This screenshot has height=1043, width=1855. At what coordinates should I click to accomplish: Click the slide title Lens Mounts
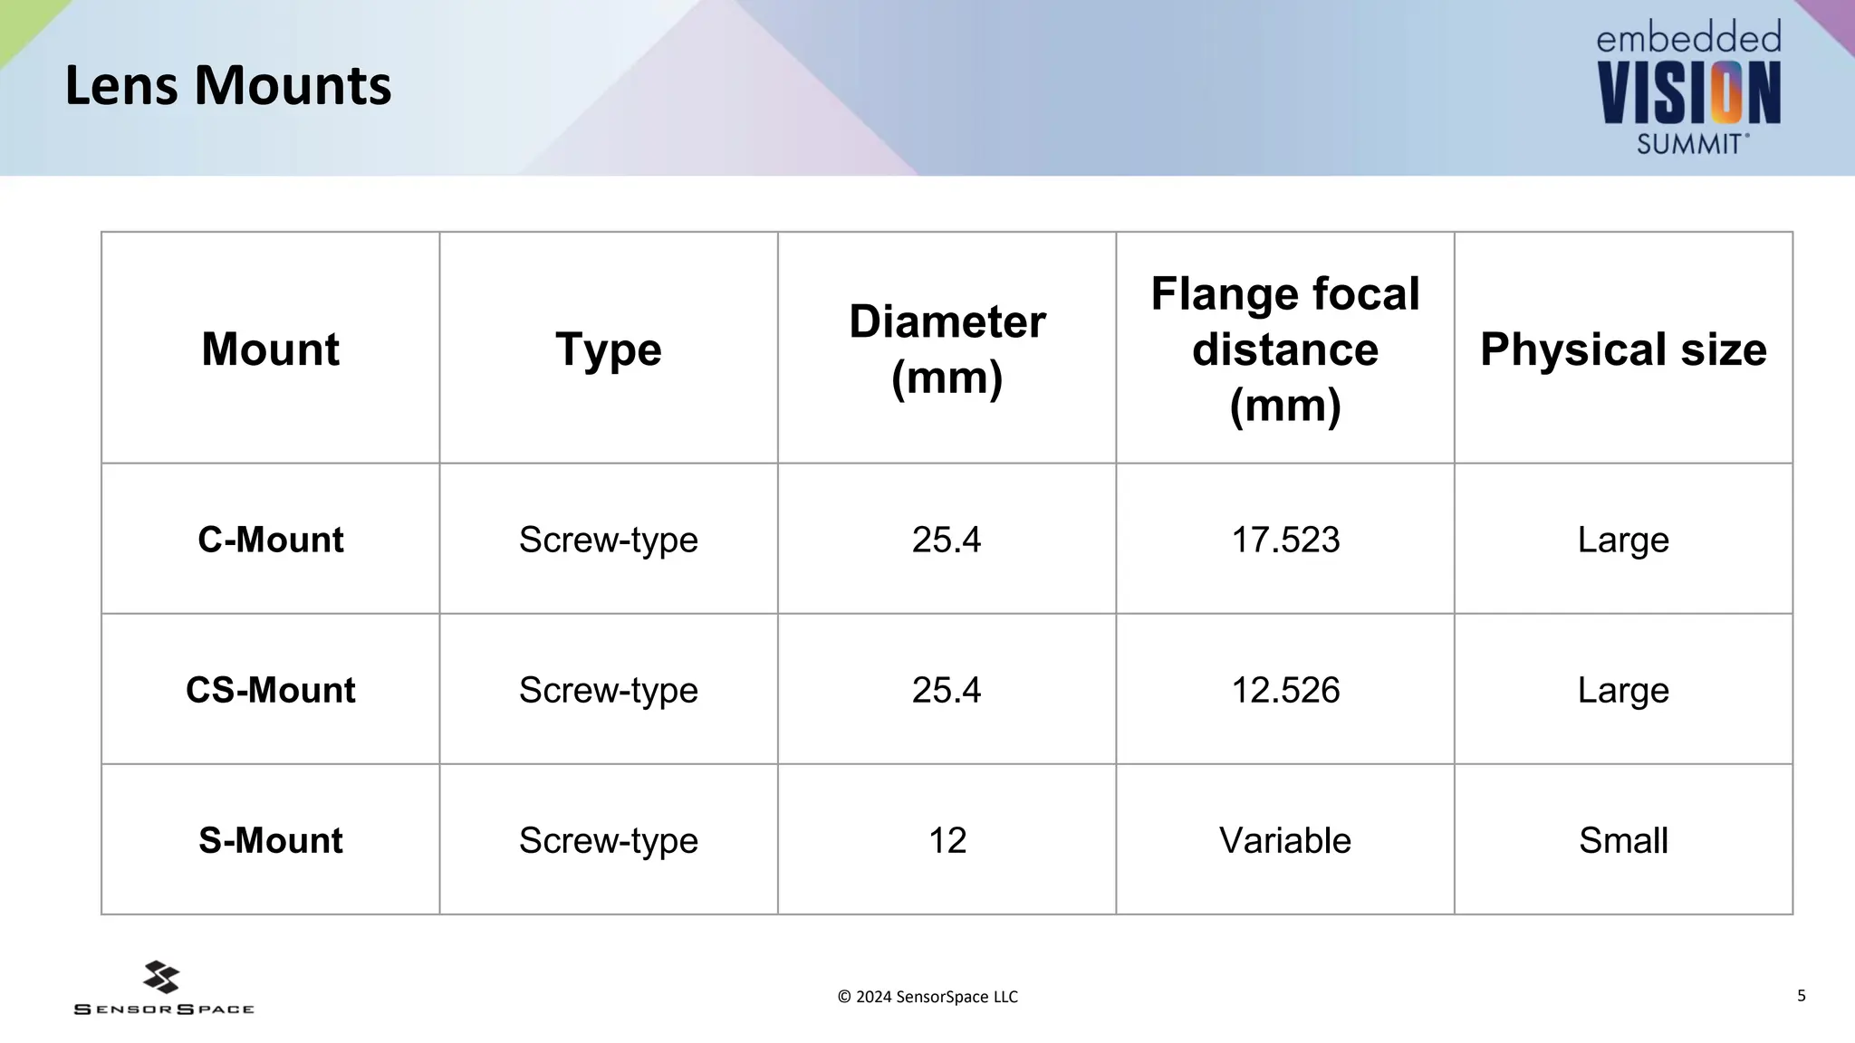(x=227, y=86)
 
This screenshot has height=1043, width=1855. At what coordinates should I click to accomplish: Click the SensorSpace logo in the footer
(x=163, y=989)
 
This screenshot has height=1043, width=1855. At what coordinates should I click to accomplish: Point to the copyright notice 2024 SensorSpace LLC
(x=927, y=997)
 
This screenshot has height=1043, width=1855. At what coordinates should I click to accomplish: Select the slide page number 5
(x=1802, y=996)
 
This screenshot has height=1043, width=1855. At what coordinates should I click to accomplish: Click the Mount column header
(x=270, y=349)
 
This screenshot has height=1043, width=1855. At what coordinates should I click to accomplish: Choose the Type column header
(x=608, y=349)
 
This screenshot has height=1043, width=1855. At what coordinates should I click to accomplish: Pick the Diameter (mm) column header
(x=947, y=349)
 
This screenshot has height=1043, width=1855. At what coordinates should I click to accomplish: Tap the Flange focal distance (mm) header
(x=1284, y=349)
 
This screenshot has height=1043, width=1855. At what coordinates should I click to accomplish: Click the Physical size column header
(x=1623, y=349)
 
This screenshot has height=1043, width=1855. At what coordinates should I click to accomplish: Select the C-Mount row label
(x=270, y=540)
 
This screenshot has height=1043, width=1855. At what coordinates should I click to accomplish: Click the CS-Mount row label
(x=270, y=690)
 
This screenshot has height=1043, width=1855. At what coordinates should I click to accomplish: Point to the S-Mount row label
(x=270, y=840)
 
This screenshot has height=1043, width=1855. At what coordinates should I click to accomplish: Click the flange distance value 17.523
(x=1284, y=540)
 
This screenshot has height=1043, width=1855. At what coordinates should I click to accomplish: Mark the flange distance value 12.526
(x=1284, y=690)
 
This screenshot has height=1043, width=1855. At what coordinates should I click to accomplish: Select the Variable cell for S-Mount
(x=1284, y=840)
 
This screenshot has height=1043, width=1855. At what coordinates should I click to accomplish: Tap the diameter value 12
(x=947, y=840)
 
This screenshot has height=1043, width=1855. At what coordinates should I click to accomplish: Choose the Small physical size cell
(x=1623, y=840)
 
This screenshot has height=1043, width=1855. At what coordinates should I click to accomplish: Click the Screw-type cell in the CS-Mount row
(x=608, y=690)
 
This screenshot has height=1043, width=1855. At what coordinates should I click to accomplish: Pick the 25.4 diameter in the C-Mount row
(x=947, y=540)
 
